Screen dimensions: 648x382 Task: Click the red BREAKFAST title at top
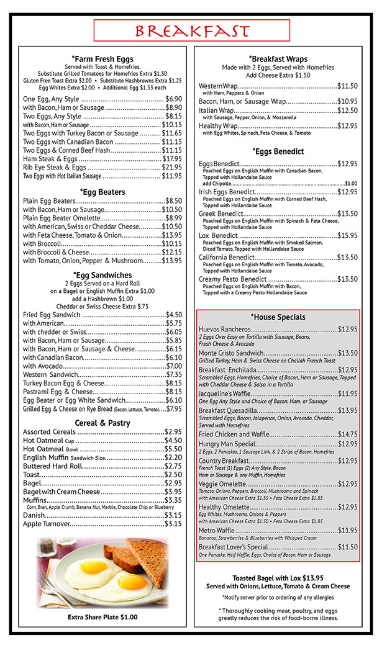191,30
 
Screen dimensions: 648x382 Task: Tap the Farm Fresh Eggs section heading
102,59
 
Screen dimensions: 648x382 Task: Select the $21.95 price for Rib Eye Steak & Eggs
172,168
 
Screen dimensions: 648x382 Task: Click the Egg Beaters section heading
102,192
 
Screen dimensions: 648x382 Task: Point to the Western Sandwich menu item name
49,374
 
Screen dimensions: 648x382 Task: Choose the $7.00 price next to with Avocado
174,366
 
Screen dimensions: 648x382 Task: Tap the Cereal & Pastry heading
102,423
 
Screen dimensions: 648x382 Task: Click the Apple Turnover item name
47,524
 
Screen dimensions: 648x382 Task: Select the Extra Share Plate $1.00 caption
102,617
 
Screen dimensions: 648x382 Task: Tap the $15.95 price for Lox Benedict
347,235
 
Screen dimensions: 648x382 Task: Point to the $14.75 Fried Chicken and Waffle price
347,434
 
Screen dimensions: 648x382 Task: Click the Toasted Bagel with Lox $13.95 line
278,577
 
